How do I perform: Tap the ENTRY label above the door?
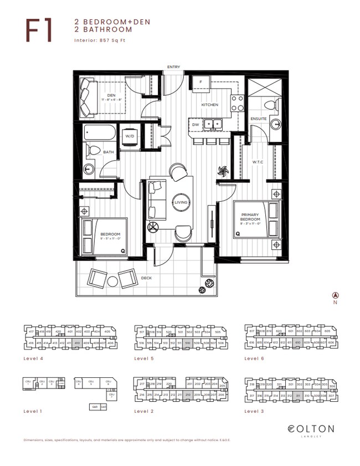tap(174, 67)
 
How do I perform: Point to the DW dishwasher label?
tap(196, 125)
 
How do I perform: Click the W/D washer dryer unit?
tap(130, 136)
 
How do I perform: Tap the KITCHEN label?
tap(209, 105)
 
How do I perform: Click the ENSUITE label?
tap(258, 119)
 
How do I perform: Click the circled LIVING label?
tap(182, 203)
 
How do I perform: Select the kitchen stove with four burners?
tap(238, 103)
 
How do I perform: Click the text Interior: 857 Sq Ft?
tap(97, 41)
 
